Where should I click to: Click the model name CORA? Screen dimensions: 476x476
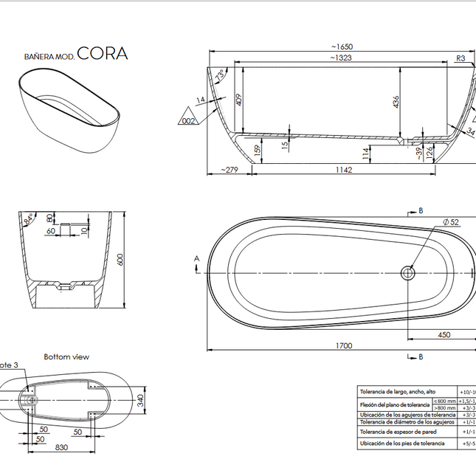tap(102, 53)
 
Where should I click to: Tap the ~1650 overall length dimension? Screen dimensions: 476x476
tap(342, 46)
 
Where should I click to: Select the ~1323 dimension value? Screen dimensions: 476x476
tap(340, 57)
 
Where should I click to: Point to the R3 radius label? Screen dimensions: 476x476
tap(461, 58)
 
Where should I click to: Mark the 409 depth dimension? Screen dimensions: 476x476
tap(239, 100)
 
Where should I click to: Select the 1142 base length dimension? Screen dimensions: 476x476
tap(343, 170)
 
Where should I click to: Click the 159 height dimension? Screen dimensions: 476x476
tap(258, 150)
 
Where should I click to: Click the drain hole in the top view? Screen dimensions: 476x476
tap(407, 273)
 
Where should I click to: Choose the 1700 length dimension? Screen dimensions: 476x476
tap(343, 345)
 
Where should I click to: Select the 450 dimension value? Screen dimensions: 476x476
tap(444, 334)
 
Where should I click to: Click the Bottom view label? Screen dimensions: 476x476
tap(66, 356)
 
